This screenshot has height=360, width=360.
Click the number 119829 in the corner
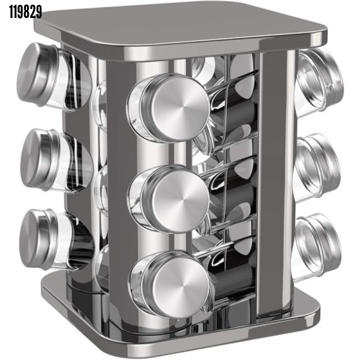pyautogui.click(x=26, y=12)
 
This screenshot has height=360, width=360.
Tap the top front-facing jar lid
pyautogui.click(x=175, y=108)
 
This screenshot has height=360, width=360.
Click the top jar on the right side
pyautogui.click(x=319, y=82)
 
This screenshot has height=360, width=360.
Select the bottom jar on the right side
pyautogui.click(x=317, y=247)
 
